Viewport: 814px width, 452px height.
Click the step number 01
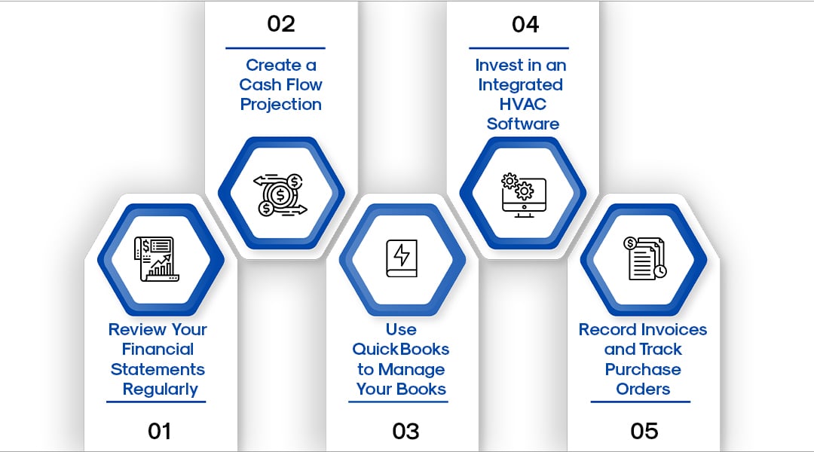[160, 431]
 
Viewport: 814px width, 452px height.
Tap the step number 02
[281, 24]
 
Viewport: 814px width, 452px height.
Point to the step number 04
[525, 24]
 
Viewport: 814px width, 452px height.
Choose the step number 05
[644, 431]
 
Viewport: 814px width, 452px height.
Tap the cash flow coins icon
[281, 195]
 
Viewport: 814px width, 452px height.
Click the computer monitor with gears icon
[523, 195]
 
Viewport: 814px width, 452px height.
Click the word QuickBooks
[401, 350]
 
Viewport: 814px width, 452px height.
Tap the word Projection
[281, 105]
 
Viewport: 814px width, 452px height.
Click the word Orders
[643, 389]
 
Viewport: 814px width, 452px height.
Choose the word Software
[523, 124]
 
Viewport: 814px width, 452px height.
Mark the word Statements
[158, 369]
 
